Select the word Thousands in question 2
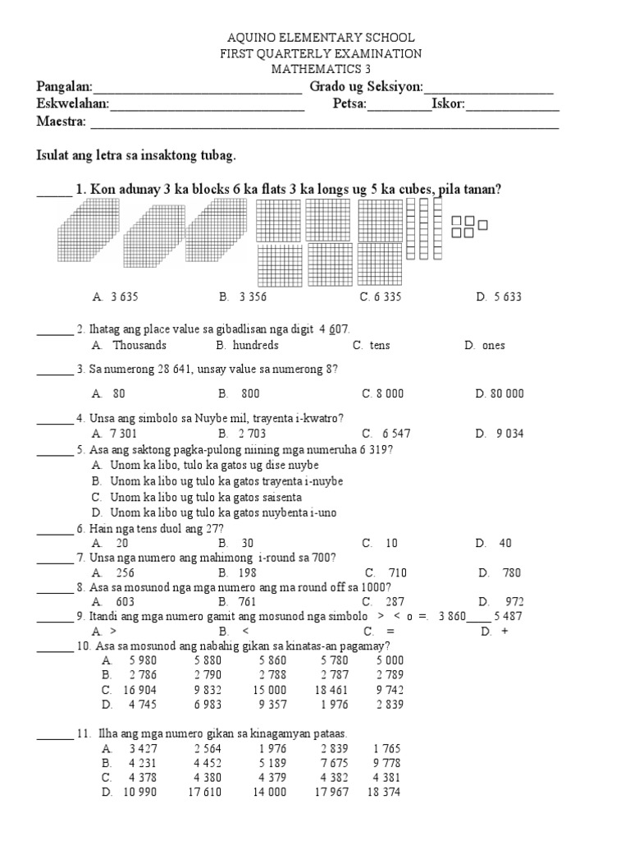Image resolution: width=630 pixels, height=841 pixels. [x=139, y=345]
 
